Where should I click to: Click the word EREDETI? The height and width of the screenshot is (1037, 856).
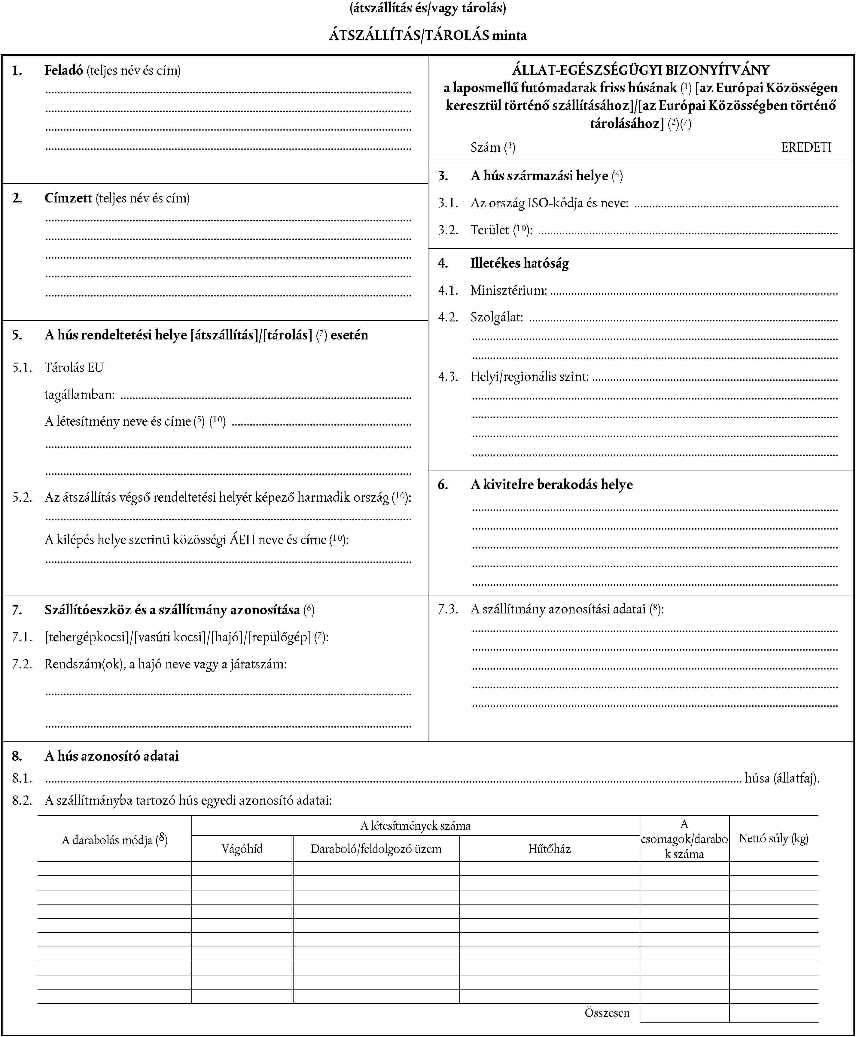(x=806, y=147)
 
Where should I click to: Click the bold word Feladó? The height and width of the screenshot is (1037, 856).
(x=64, y=71)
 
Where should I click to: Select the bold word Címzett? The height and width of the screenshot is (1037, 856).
(x=68, y=198)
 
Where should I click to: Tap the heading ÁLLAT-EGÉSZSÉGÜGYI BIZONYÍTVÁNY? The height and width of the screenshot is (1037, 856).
(x=641, y=70)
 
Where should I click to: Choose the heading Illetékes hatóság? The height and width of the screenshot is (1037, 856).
(x=519, y=263)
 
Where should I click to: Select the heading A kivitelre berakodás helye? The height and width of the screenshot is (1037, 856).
(x=551, y=485)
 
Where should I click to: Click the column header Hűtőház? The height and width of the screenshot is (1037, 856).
(x=549, y=849)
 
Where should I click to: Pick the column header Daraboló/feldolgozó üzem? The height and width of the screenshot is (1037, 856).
(x=376, y=849)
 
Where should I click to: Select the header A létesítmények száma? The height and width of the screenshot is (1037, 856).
(x=415, y=826)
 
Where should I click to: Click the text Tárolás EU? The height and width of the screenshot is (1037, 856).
(x=74, y=368)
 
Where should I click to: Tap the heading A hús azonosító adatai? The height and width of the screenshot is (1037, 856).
(x=111, y=756)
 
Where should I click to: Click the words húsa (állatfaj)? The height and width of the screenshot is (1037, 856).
(x=782, y=778)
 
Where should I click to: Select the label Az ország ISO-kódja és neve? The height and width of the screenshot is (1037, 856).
(x=549, y=203)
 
